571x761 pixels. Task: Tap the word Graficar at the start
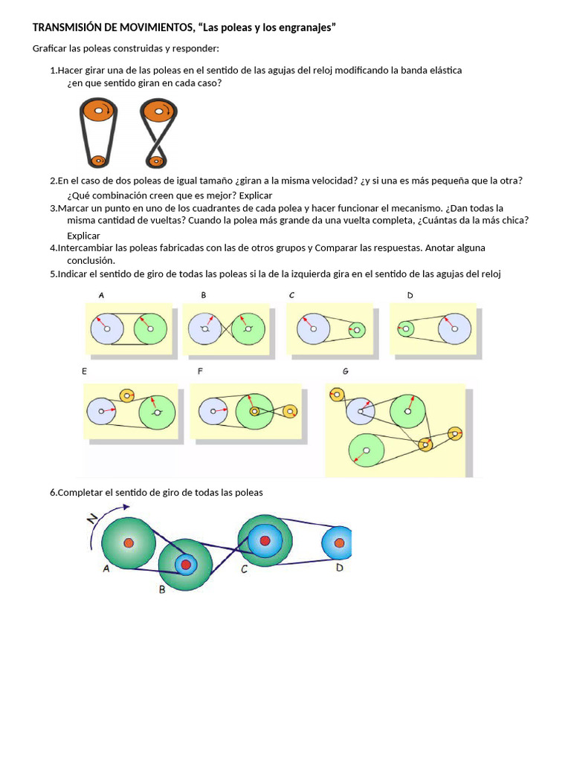(51, 49)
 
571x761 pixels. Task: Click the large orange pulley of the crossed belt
(157, 112)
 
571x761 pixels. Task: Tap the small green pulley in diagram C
(357, 328)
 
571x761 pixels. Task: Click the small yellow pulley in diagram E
(126, 395)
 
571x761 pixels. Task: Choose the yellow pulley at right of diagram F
(290, 410)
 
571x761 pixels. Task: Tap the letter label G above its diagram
(345, 371)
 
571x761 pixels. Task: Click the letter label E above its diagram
(85, 370)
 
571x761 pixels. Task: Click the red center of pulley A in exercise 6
(129, 543)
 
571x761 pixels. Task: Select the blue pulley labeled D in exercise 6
(339, 543)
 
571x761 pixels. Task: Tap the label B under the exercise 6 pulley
(162, 589)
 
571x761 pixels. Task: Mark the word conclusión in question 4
(91, 261)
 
